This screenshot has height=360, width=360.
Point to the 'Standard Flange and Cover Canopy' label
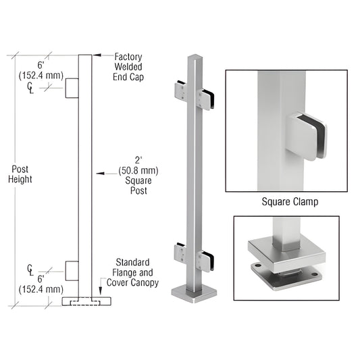coord(132,272)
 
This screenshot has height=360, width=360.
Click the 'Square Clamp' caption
coord(290,201)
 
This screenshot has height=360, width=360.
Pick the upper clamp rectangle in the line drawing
coord(72,88)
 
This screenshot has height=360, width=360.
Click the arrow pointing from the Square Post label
coord(101,174)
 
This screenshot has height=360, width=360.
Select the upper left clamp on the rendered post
coord(183,90)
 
